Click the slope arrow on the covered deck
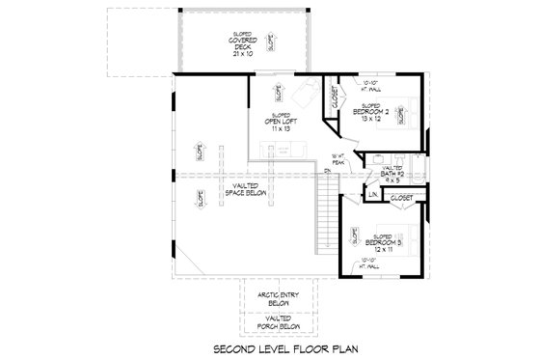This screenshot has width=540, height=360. (271, 42)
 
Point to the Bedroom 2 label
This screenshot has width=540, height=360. (371, 115)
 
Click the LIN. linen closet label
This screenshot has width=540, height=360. (373, 197)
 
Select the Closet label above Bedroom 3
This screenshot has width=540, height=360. (402, 198)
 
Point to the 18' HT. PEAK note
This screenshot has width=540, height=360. (337, 158)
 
